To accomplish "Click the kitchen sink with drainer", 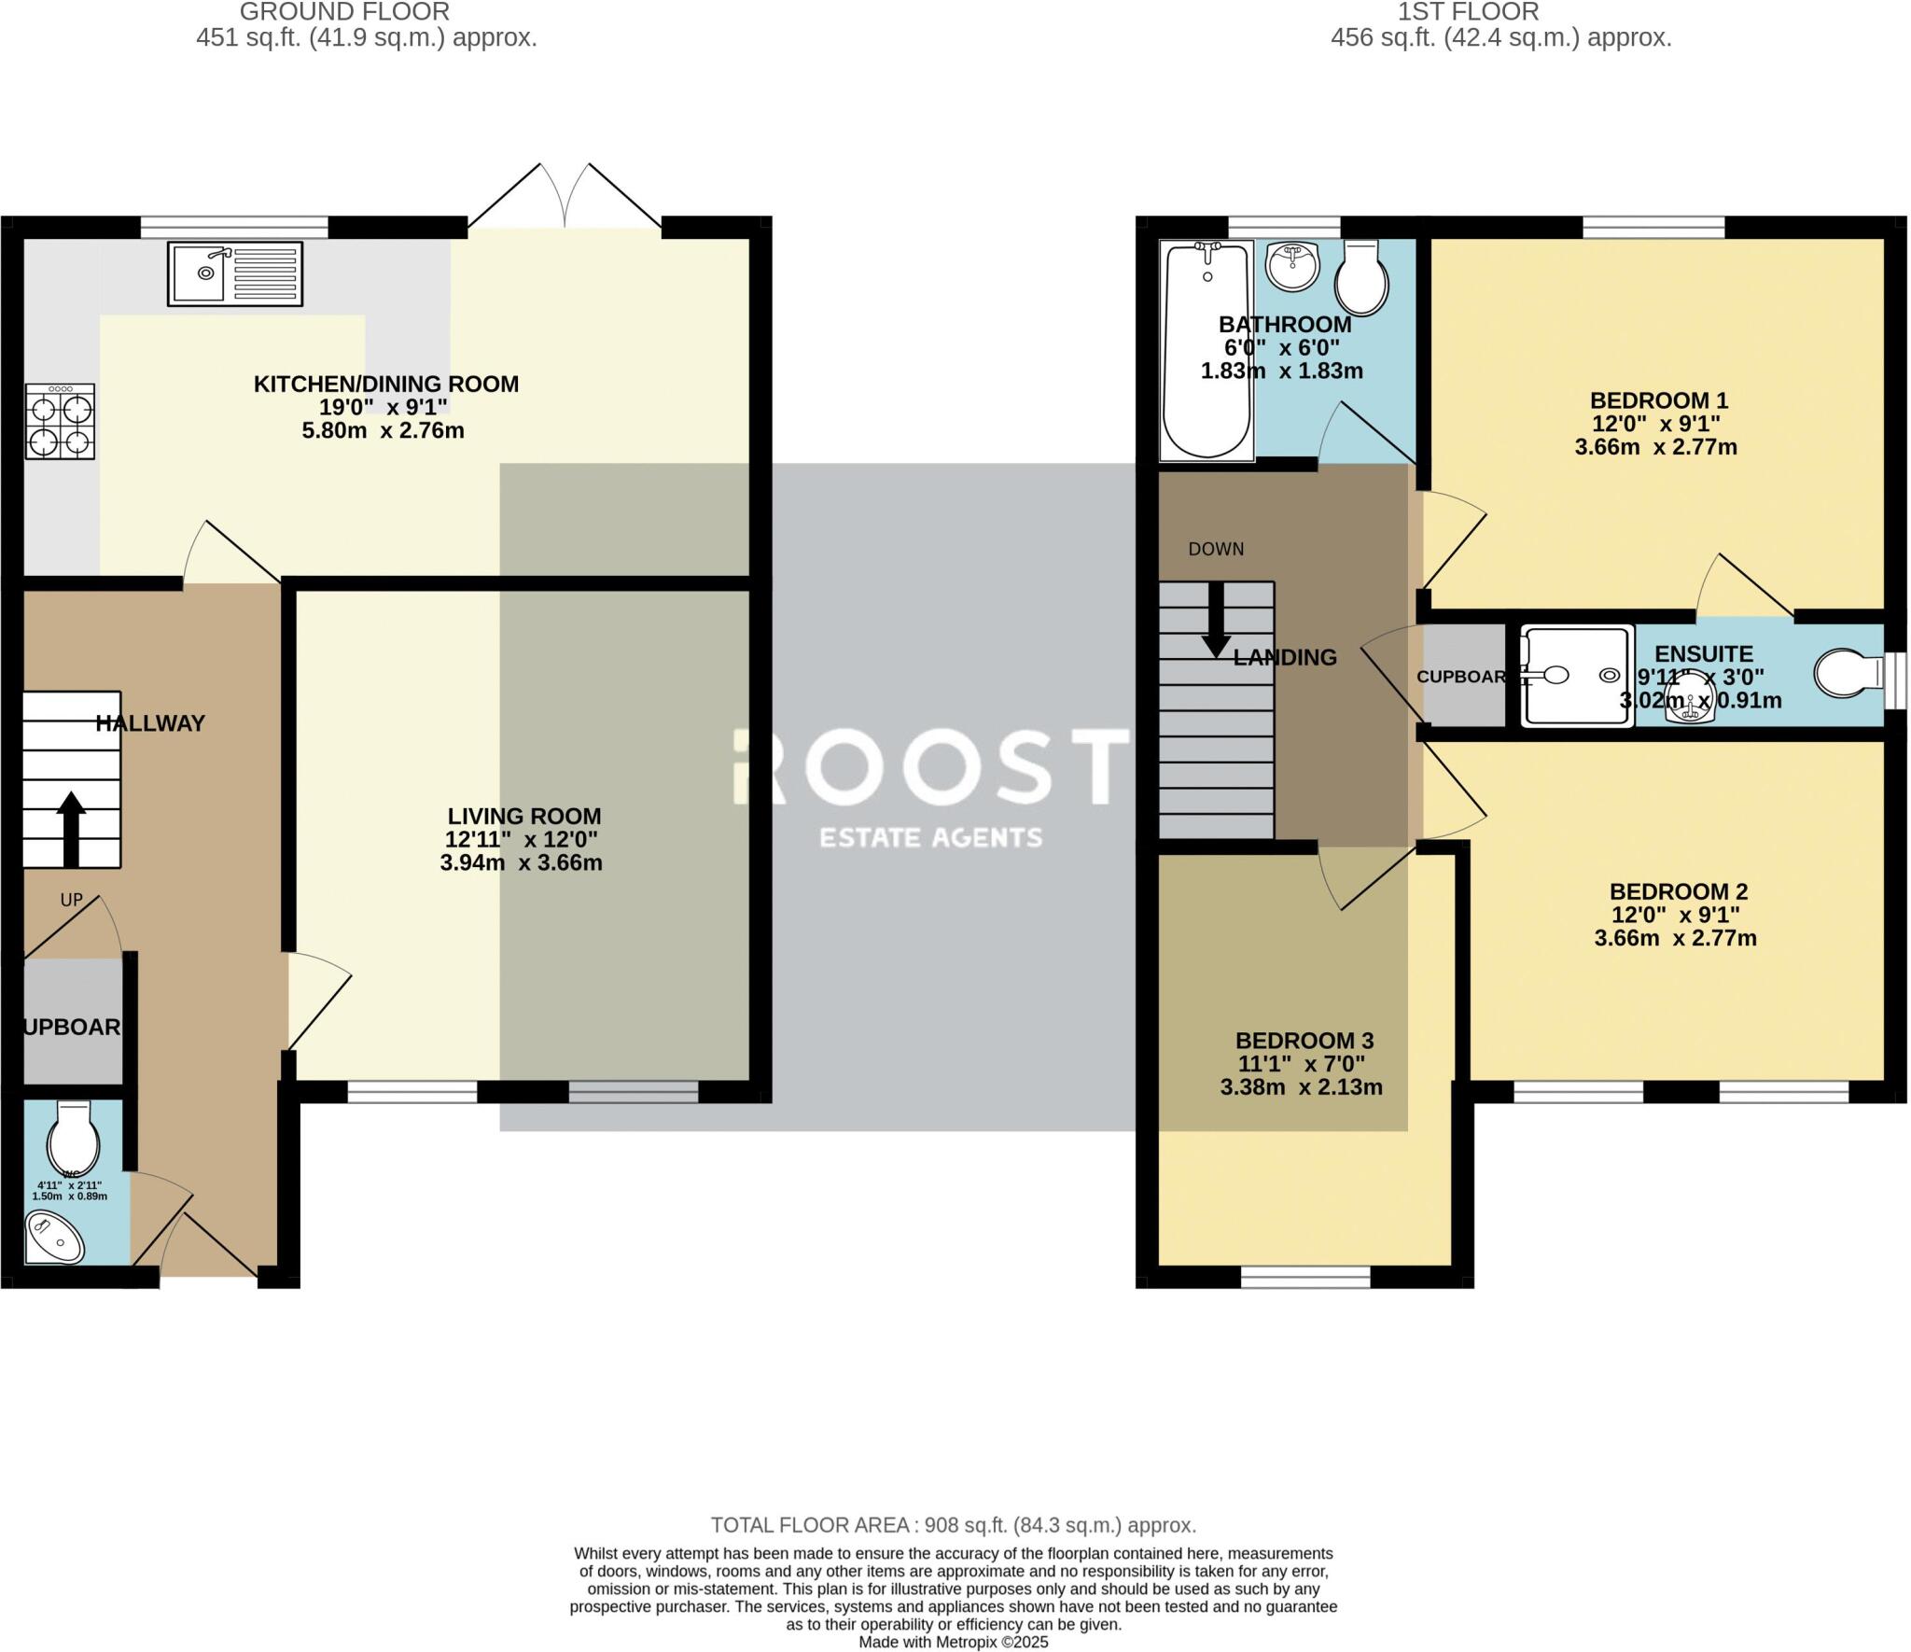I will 235,273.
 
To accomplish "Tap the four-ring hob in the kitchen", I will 60,422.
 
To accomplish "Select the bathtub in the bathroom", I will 1207,350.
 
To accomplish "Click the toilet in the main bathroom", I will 1361,277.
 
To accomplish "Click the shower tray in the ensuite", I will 1576,675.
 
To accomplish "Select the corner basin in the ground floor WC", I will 53,1238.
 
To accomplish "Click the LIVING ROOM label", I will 524,816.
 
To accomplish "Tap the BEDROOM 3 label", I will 1304,1041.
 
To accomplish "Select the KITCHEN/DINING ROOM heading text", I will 386,384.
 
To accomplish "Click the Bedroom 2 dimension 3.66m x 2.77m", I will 1675,938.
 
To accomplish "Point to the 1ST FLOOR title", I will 1468,12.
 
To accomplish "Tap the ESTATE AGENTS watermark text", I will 930,837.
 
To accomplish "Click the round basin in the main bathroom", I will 1292,266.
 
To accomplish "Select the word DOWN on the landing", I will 1216,549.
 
